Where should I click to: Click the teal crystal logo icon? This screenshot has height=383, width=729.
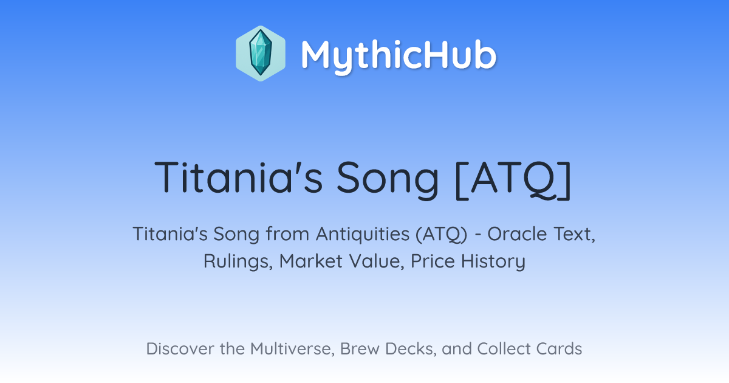pos(261,53)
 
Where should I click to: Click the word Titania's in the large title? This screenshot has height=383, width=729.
pos(239,177)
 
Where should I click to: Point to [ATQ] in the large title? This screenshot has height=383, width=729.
pos(513,180)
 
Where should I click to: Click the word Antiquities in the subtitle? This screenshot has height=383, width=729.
pos(363,235)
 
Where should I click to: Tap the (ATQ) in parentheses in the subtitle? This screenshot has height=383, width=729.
pos(442,235)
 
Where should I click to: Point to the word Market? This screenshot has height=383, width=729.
pos(311,261)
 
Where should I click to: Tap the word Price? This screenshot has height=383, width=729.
pos(433,261)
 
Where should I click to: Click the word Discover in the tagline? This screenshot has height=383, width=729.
pos(180,348)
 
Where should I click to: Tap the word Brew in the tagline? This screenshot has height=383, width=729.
pos(360,348)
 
